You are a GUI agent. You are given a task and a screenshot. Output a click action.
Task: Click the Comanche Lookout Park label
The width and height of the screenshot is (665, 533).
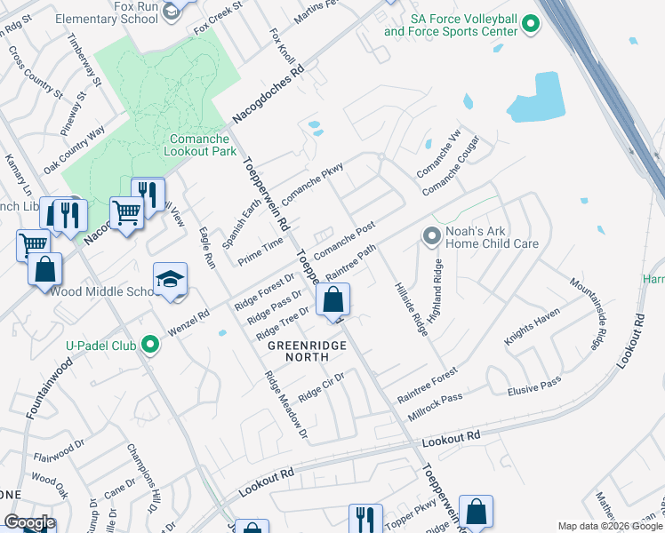(x=200, y=144)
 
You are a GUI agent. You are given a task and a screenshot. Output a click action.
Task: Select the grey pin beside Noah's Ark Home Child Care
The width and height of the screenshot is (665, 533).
(x=432, y=235)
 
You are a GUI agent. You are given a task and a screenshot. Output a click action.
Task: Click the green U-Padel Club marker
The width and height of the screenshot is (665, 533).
(x=151, y=343)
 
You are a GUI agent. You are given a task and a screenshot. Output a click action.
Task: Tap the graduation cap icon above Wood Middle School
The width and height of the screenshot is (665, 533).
(x=170, y=280)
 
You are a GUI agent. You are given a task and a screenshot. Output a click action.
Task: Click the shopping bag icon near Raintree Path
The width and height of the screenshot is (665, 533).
(x=333, y=301)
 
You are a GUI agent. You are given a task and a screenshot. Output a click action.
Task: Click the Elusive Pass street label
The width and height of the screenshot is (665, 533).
(x=533, y=382)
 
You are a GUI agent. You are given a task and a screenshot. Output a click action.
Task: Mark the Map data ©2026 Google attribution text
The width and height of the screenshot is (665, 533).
(x=609, y=526)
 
